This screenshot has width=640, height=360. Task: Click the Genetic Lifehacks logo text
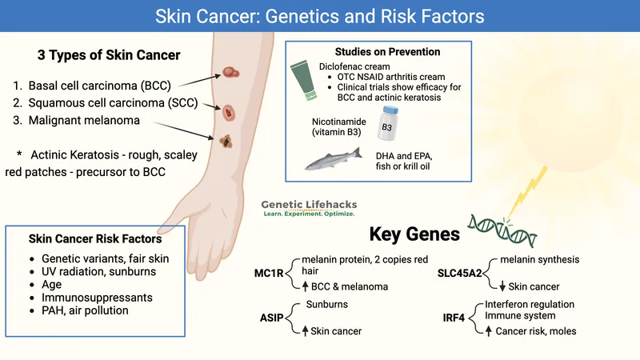click(309, 206)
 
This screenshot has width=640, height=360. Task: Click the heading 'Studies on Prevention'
click(388, 52)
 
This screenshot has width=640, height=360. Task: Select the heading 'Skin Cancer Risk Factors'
click(96, 238)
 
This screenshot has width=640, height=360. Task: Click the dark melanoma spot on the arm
click(224, 143)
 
